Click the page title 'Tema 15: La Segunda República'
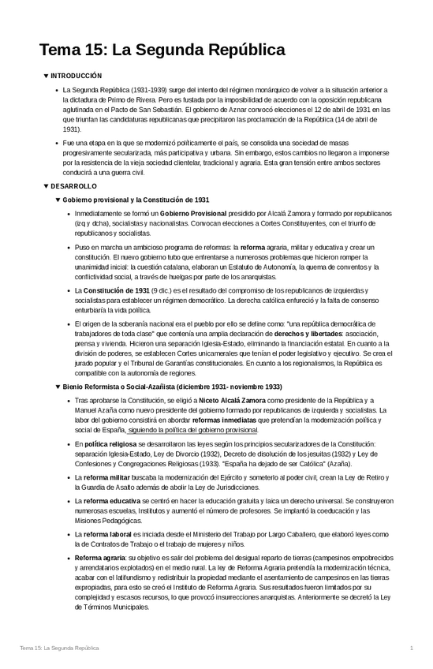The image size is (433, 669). [162, 50]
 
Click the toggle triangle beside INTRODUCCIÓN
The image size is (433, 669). [46, 76]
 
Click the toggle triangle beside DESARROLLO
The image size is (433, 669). [46, 186]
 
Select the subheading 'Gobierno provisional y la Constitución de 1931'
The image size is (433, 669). [136, 200]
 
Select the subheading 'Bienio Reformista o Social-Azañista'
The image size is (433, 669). [172, 387]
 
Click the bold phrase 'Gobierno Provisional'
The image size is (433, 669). [192, 214]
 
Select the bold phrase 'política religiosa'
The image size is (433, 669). [110, 445]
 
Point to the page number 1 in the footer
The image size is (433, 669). [412, 648]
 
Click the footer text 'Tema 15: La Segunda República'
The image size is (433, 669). [59, 648]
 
